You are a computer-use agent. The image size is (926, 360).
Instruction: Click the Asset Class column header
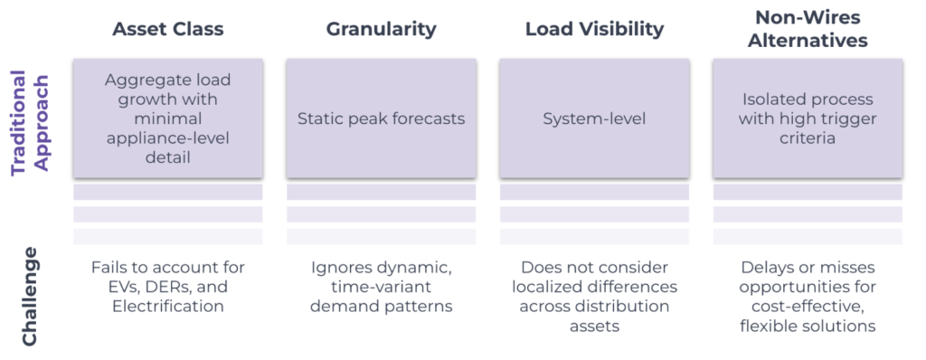click(x=167, y=29)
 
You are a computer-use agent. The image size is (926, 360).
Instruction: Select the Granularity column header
click(x=381, y=29)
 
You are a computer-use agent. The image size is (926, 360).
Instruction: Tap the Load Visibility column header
click(x=594, y=29)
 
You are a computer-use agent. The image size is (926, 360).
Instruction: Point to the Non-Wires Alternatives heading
click(x=808, y=29)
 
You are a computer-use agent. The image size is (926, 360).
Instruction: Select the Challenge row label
click(x=29, y=295)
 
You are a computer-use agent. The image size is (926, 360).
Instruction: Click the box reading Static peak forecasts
click(x=381, y=118)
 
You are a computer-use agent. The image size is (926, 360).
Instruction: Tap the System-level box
click(x=594, y=118)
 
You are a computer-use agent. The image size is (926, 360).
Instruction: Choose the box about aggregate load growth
click(x=167, y=118)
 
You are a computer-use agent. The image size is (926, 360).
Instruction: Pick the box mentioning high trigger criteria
click(x=808, y=118)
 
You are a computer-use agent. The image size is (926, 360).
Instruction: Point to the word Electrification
click(x=167, y=307)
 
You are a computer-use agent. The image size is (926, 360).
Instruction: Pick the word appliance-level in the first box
click(x=167, y=137)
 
